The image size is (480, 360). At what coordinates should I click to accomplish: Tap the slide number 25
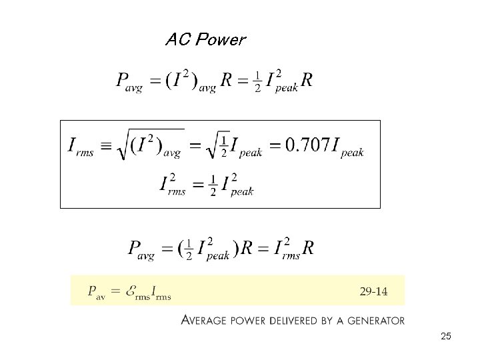pos(446,337)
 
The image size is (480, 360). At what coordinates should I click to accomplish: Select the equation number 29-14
pos(373,291)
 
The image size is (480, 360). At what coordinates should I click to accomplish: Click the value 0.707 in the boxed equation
pos(307,145)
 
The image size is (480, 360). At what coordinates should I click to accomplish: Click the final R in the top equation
pos(307,81)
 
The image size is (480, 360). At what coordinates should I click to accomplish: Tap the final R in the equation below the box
pos(308,248)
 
